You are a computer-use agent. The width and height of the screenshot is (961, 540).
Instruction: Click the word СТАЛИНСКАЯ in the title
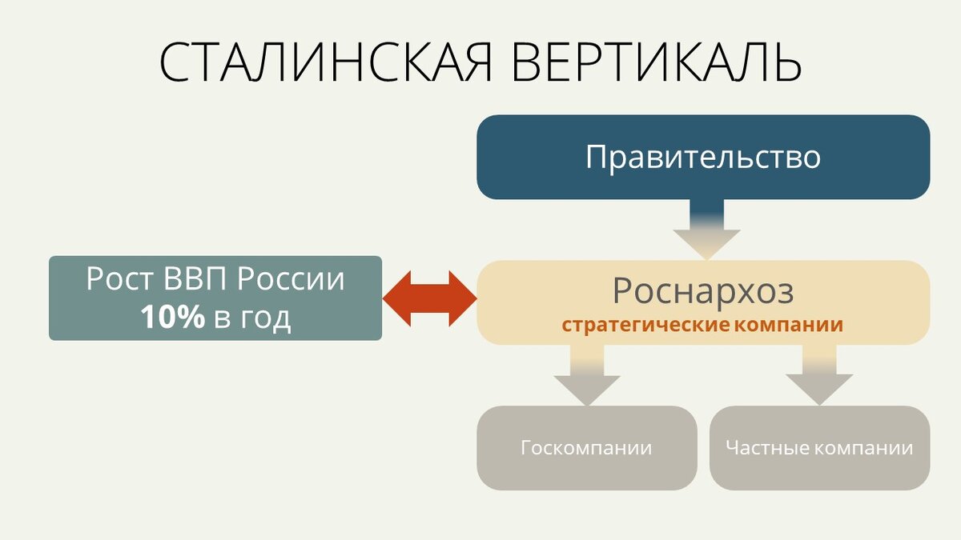324,61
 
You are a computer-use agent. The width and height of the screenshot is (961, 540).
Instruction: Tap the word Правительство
702,157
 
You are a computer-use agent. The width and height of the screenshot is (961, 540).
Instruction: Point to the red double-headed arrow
429,298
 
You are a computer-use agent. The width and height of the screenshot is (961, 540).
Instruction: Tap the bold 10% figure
173,318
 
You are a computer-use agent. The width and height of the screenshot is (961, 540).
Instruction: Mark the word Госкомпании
586,448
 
